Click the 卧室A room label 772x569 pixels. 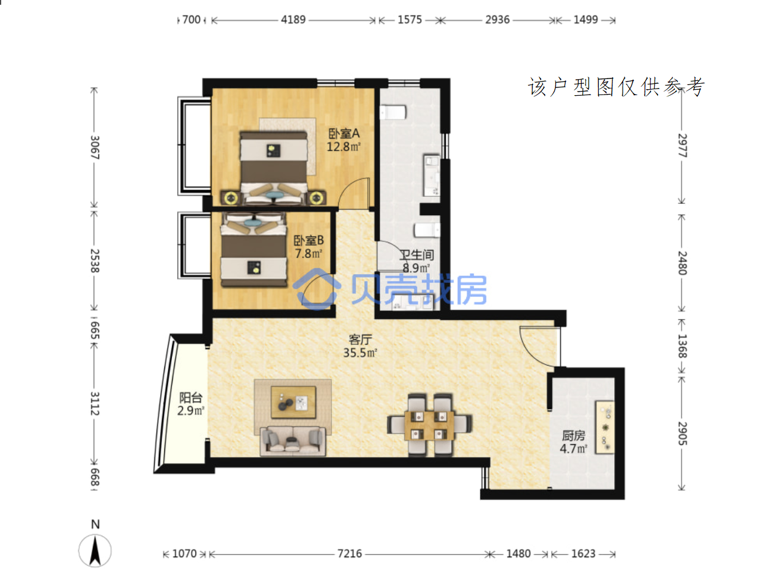[x=343, y=134]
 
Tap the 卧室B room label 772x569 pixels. [x=308, y=240]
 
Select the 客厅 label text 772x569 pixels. [x=360, y=339]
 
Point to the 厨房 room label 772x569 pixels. [x=573, y=435]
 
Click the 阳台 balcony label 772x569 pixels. [x=190, y=398]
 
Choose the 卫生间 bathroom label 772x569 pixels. [x=417, y=255]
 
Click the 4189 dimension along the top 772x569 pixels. [x=293, y=20]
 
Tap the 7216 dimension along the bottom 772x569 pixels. [x=349, y=554]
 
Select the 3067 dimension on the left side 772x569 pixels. [x=95, y=147]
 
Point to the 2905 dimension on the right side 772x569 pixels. [x=683, y=433]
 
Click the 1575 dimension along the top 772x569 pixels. [x=410, y=20]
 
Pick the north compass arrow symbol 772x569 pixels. [x=95, y=551]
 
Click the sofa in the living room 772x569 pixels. [x=293, y=441]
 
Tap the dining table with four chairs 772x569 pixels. [x=430, y=425]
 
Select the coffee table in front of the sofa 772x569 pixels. [x=293, y=402]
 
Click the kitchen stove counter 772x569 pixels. [x=605, y=427]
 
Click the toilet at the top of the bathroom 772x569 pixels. [x=393, y=112]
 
